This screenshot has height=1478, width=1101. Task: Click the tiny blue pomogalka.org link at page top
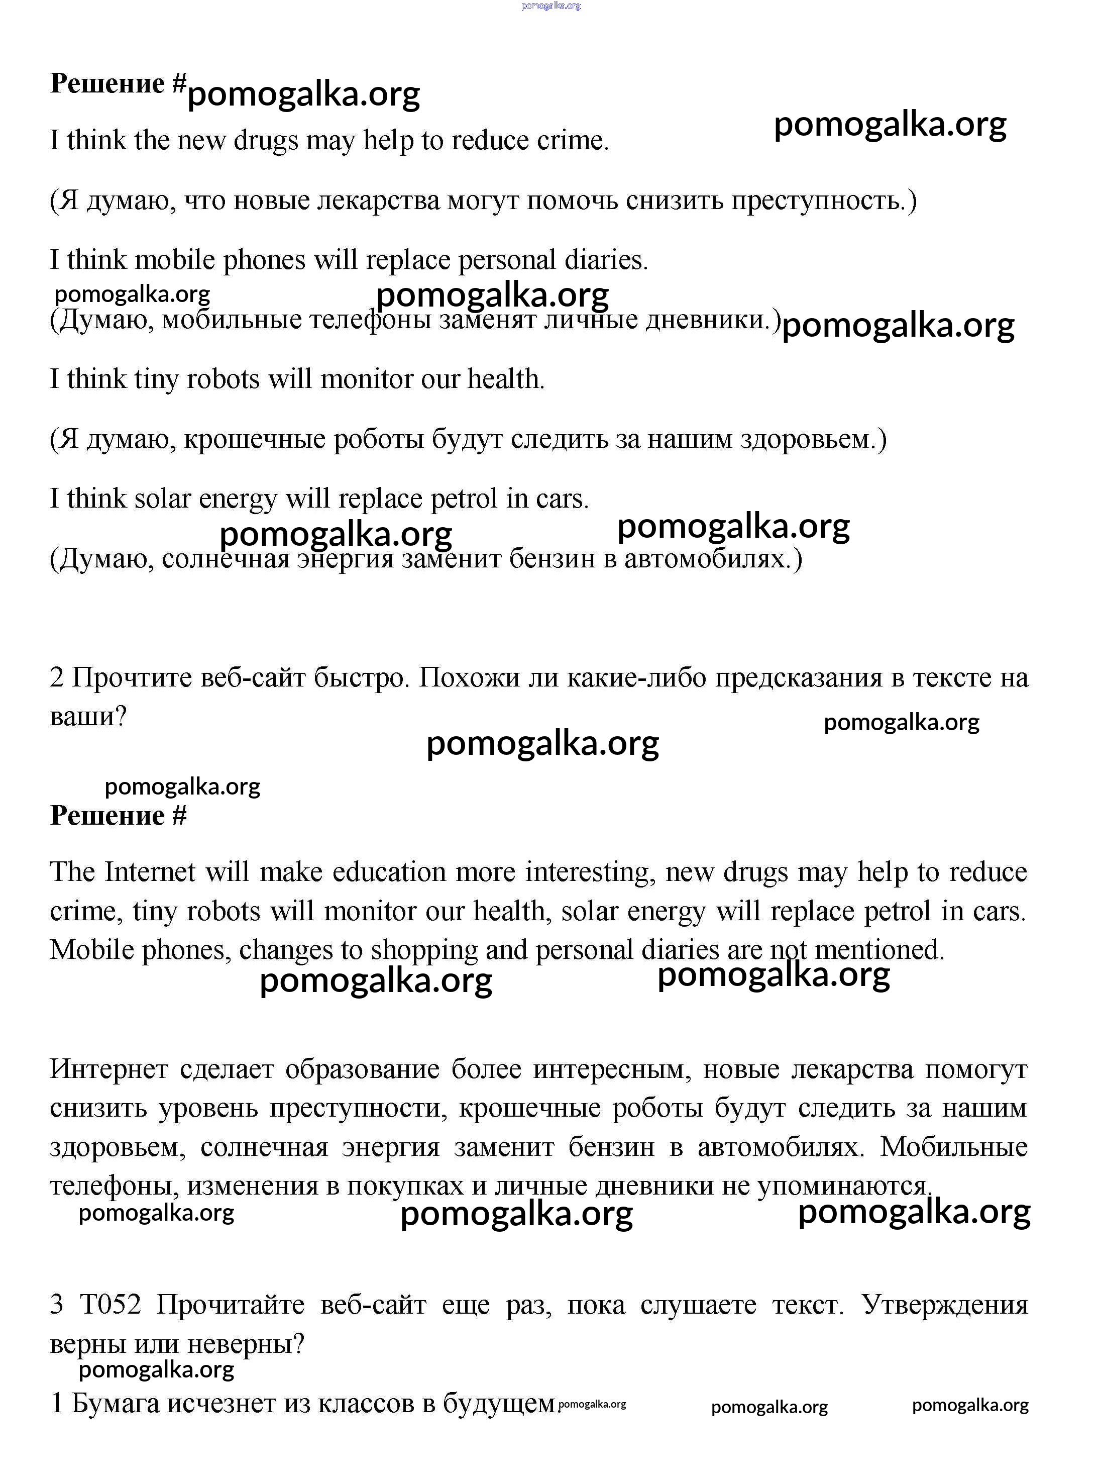[x=550, y=6]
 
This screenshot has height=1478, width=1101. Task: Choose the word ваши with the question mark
[x=86, y=717]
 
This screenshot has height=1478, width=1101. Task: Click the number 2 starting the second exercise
[x=57, y=677]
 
